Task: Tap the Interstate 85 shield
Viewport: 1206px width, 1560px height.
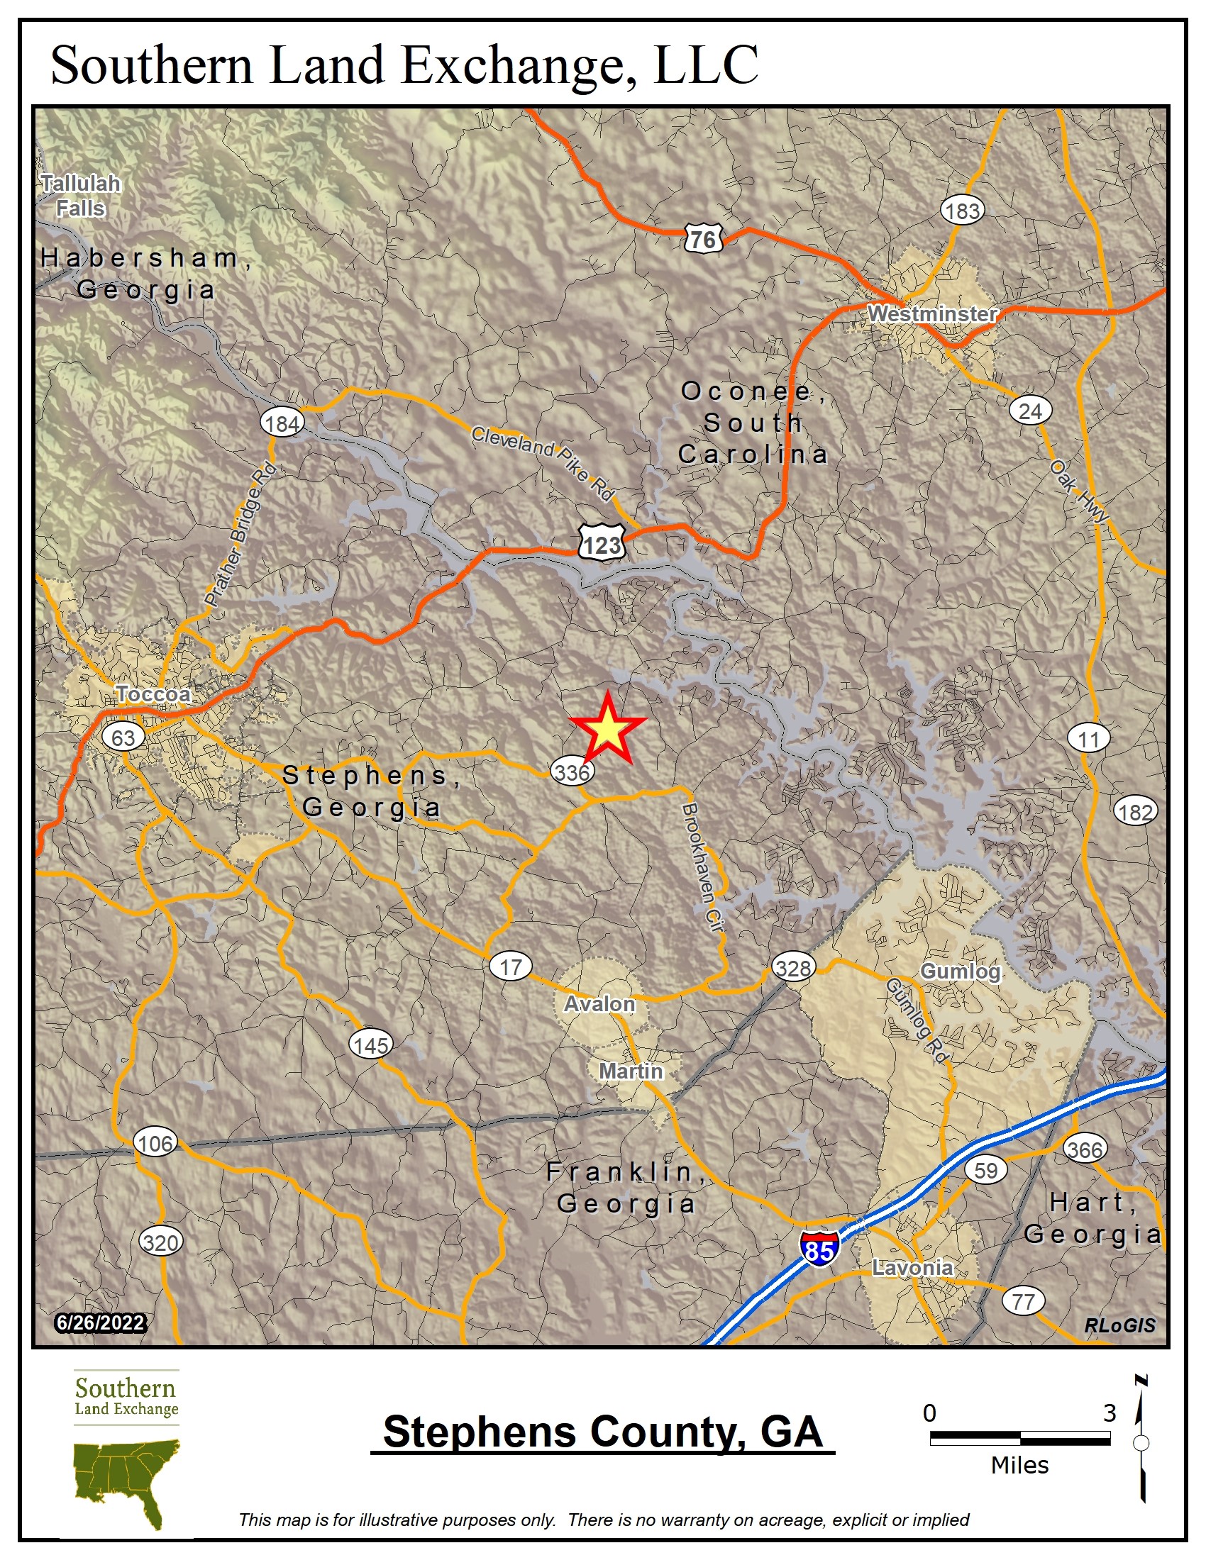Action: pyautogui.click(x=819, y=1249)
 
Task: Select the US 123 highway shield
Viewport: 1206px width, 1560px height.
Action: pyautogui.click(x=602, y=545)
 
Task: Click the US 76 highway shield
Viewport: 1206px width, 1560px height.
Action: pyautogui.click(x=703, y=238)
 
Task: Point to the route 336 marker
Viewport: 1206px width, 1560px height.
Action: pyautogui.click(x=572, y=772)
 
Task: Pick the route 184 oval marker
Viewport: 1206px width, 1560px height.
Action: pyautogui.click(x=282, y=423)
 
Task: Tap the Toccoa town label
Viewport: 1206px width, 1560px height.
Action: pyautogui.click(x=153, y=693)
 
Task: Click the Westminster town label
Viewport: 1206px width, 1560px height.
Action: pyautogui.click(x=931, y=313)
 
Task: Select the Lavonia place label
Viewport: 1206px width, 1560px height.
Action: pyautogui.click(x=912, y=1267)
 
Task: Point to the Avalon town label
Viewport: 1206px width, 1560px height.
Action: pyautogui.click(x=599, y=1003)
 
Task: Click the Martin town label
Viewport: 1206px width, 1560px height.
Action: pyautogui.click(x=631, y=1071)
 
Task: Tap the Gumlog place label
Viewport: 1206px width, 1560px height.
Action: pyautogui.click(x=961, y=971)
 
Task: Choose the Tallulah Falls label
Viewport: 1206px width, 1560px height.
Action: pyautogui.click(x=81, y=196)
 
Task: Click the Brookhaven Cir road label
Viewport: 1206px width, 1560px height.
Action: pyautogui.click(x=703, y=867)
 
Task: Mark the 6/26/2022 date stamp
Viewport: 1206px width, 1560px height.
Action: pyautogui.click(x=101, y=1322)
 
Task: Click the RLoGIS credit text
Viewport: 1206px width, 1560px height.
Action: pyautogui.click(x=1119, y=1325)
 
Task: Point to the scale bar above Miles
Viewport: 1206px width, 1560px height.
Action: pyautogui.click(x=1019, y=1438)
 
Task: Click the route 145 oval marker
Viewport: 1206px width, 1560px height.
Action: pyautogui.click(x=371, y=1045)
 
